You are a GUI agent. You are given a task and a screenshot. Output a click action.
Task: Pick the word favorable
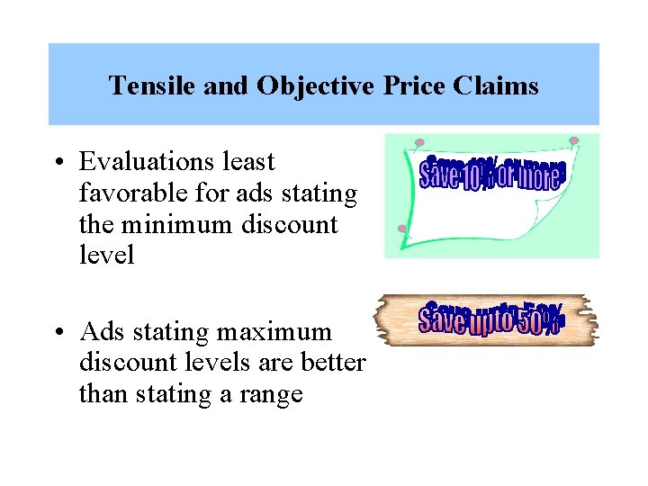coord(133,193)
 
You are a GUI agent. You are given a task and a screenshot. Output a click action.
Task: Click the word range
coord(269,394)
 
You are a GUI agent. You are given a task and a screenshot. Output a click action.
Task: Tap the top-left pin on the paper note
coord(419,142)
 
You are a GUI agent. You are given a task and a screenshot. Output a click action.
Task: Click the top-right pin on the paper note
coord(574,140)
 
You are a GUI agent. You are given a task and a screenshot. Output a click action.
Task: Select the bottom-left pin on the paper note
coord(401,229)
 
